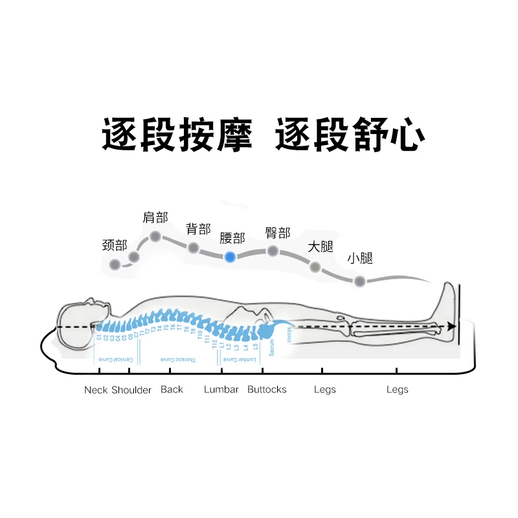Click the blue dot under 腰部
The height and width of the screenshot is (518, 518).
coord(230,256)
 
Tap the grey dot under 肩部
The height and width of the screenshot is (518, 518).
coord(155,236)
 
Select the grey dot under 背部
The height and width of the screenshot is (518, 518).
coord(193,247)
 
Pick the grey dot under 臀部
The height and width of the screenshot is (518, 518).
coord(273,251)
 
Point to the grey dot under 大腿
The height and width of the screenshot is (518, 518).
coord(315,266)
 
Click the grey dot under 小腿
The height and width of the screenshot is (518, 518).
coord(359,281)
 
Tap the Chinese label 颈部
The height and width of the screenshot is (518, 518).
coord(115,245)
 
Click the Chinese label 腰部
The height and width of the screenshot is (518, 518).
coord(232,238)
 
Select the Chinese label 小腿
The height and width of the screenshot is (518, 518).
coord(360,258)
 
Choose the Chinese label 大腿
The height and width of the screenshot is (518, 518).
coord(320,247)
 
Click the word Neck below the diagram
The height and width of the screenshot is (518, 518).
coord(96,390)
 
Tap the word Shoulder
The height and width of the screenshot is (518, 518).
coord(131,390)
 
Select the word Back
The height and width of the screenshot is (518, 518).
coord(172,390)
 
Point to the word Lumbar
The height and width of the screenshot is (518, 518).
coord(221,390)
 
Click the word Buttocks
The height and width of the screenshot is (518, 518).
coord(267,390)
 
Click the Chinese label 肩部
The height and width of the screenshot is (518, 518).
coord(155,217)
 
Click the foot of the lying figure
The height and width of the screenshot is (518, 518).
coord(449,308)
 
